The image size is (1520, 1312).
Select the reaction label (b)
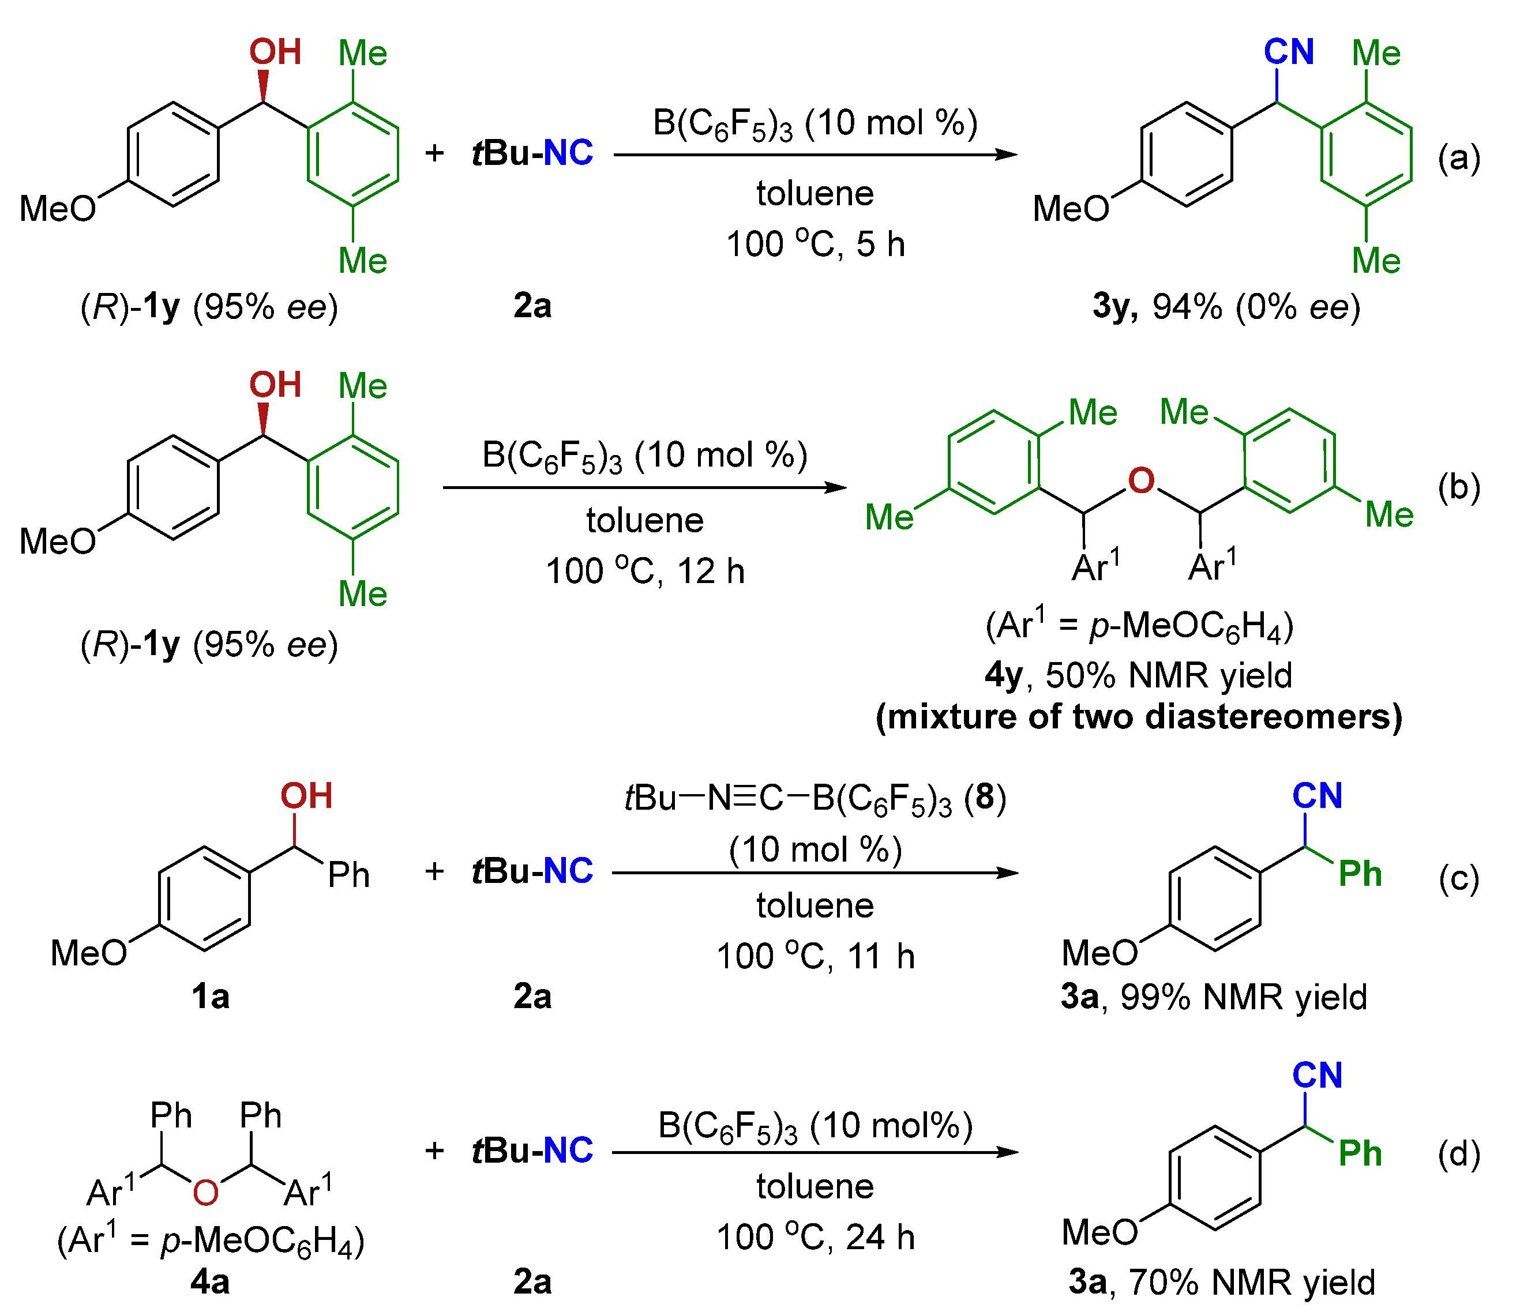pyautogui.click(x=1458, y=488)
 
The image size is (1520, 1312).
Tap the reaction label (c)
pyautogui.click(x=1458, y=878)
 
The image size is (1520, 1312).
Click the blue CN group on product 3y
pyautogui.click(x=1288, y=52)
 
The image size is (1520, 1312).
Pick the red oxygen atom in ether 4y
pyautogui.click(x=1141, y=480)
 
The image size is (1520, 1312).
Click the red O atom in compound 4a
pyautogui.click(x=205, y=1193)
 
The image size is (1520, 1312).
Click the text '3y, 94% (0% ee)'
pyautogui.click(x=1226, y=307)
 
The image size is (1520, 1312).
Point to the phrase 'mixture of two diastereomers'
pyautogui.click(x=1139, y=716)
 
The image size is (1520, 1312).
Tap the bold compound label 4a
pyautogui.click(x=210, y=1281)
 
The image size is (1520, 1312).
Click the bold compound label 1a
pyautogui.click(x=210, y=997)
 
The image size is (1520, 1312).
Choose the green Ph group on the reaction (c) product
pyautogui.click(x=1359, y=874)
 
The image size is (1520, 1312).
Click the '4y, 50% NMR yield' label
pyautogui.click(x=1139, y=675)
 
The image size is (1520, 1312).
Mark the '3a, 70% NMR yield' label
pyautogui.click(x=1221, y=1282)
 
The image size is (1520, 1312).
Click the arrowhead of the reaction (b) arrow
pyautogui.click(x=836, y=488)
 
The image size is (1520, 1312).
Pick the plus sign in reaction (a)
pyautogui.click(x=434, y=153)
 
